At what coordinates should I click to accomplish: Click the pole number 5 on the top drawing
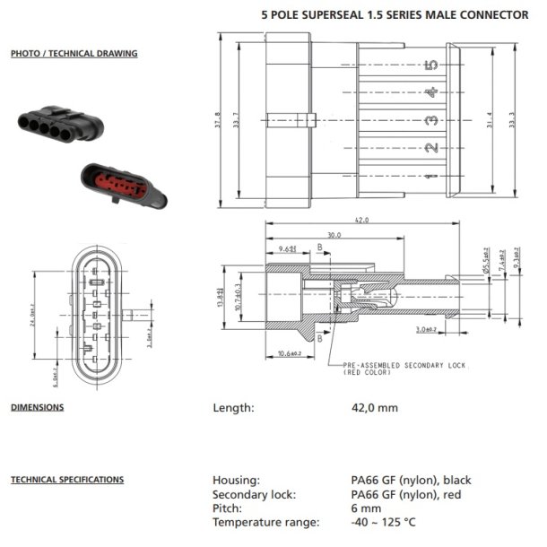pyautogui.click(x=432, y=65)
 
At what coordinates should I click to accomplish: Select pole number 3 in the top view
pyautogui.click(x=432, y=120)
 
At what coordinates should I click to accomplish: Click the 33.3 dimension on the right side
pyautogui.click(x=512, y=119)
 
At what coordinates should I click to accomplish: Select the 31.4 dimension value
pyautogui.click(x=489, y=119)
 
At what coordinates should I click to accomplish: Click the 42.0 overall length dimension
pyautogui.click(x=362, y=220)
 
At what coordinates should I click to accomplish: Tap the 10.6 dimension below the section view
pyautogui.click(x=288, y=354)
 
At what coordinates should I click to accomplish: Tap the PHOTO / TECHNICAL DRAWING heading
pyautogui.click(x=74, y=54)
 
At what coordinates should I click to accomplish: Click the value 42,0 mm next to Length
pyautogui.click(x=374, y=408)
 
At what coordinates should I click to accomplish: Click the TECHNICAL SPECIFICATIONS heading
pyautogui.click(x=66, y=480)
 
